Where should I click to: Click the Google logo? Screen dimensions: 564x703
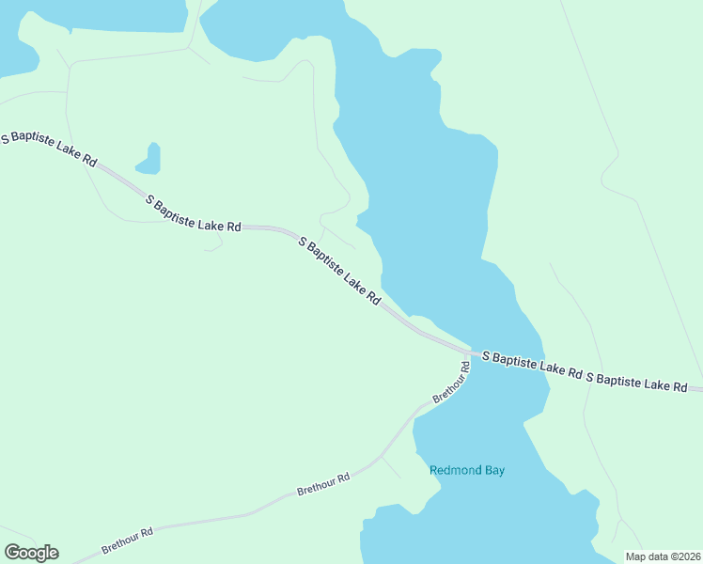point(31,553)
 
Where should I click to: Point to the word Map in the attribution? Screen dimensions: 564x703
point(637,556)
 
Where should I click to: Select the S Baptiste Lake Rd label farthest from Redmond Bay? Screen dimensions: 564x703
point(49,149)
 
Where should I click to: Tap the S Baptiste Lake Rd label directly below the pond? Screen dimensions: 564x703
point(195,212)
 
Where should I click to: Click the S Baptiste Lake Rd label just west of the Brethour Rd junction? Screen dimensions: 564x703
point(339,271)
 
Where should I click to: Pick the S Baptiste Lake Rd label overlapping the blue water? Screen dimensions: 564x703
point(532,364)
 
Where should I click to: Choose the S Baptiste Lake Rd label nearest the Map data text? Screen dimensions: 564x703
point(636,381)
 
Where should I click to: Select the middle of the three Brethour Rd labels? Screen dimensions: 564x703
point(323,484)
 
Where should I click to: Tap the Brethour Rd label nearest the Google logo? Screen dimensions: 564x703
point(127,541)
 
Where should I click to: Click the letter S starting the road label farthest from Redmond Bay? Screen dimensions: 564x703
point(5,136)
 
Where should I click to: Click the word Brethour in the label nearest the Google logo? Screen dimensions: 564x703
point(120,543)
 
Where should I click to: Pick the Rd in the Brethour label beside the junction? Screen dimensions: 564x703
point(464,366)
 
